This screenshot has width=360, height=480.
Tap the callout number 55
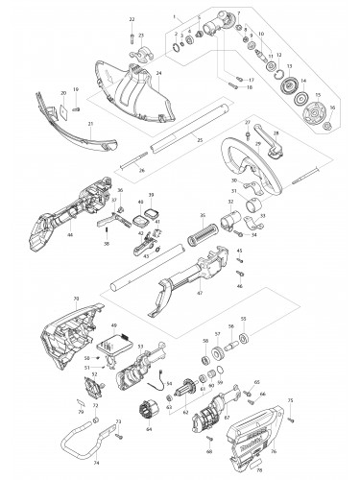[x=243, y=318]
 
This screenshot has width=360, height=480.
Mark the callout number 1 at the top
[x=174, y=16]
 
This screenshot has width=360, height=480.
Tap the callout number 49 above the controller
[x=115, y=326]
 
